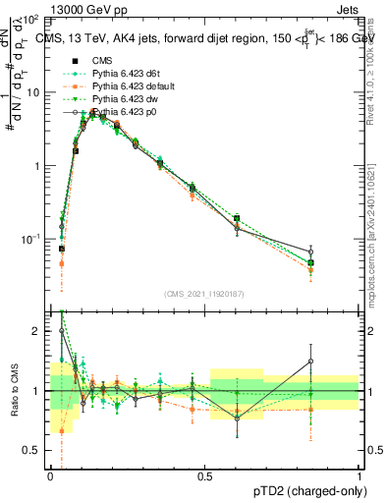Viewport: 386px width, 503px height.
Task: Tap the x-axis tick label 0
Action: click(51, 477)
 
